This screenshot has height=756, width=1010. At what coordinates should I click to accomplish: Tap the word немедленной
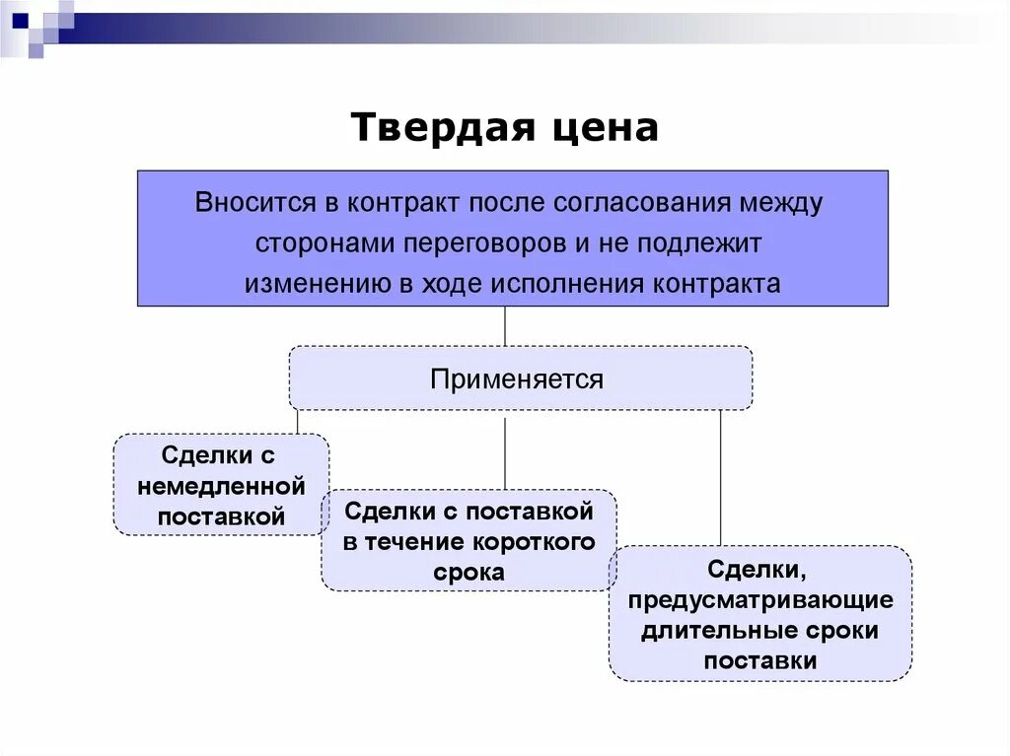point(222,486)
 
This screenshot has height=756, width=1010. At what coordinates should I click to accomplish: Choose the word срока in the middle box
point(469,573)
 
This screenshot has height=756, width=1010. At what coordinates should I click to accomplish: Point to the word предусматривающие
point(759,600)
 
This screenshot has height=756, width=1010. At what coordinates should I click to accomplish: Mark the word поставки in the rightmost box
point(759,661)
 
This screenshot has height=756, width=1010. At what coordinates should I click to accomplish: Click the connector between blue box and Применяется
point(505,325)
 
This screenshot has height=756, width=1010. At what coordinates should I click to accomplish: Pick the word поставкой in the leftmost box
point(222,515)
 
